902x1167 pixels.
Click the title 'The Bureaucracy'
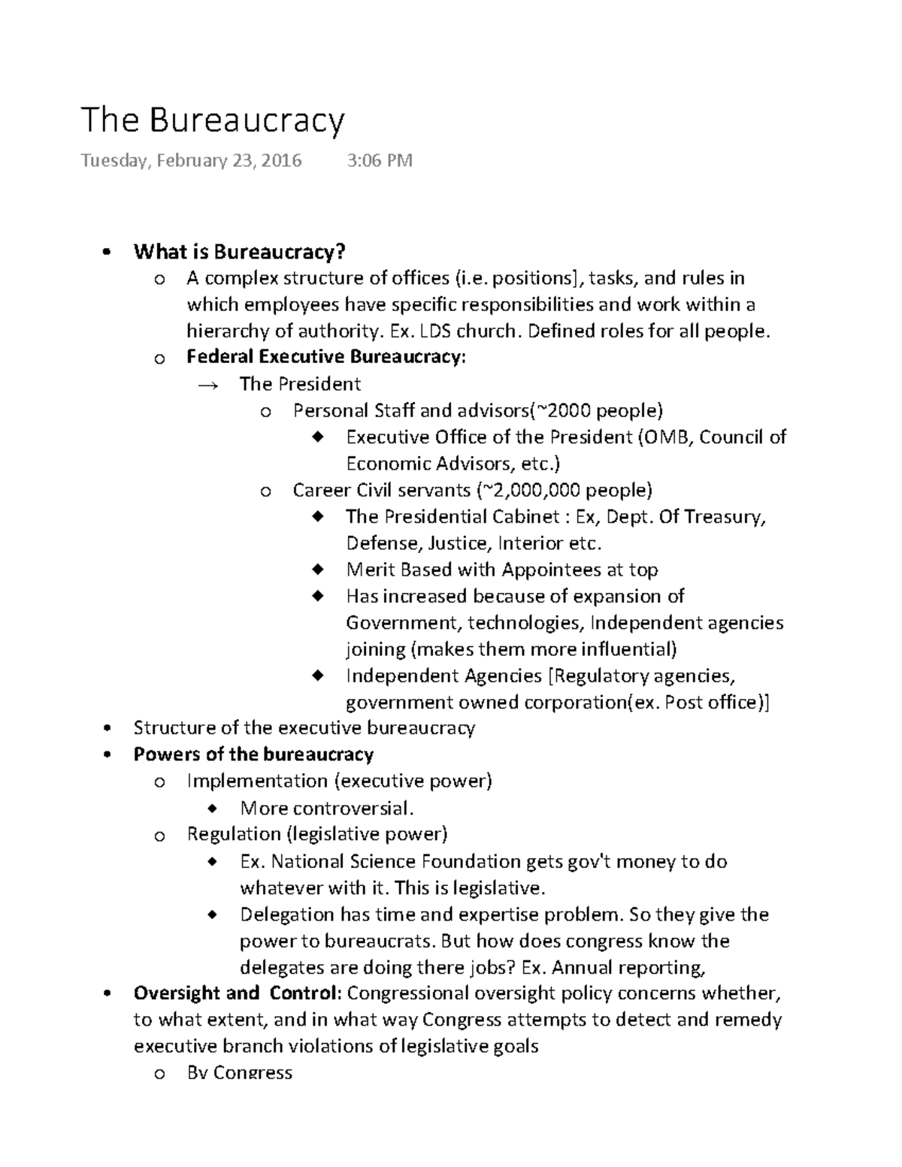tap(213, 120)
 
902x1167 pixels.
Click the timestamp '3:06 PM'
tap(380, 161)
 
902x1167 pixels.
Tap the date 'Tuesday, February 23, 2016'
tap(191, 161)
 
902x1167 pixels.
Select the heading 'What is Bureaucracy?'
tap(239, 252)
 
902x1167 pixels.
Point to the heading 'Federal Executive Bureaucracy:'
tap(326, 357)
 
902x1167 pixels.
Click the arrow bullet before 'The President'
tap(207, 385)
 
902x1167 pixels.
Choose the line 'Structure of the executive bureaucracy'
tap(304, 728)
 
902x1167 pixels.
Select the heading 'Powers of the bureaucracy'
tap(253, 754)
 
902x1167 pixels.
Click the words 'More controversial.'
tap(327, 809)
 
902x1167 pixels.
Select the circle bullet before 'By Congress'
tap(159, 1075)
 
